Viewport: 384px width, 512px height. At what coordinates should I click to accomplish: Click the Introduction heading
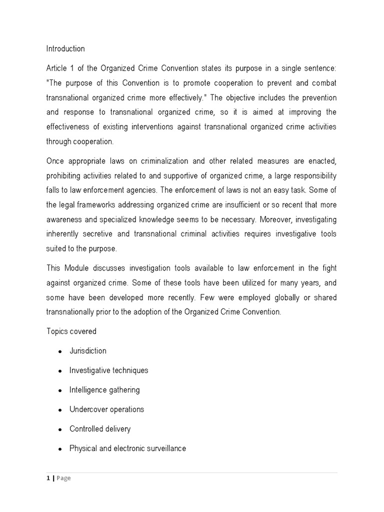pos(65,49)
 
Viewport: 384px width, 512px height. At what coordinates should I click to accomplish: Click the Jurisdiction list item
pos(88,351)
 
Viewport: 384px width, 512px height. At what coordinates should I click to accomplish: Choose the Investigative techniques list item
pos(108,370)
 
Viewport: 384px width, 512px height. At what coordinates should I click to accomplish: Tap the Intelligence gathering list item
pos(104,390)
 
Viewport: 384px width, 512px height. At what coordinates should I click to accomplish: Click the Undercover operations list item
pos(106,409)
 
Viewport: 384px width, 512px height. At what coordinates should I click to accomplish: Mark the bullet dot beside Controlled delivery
pos(60,429)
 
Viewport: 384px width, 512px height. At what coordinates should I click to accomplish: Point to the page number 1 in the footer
pos(48,478)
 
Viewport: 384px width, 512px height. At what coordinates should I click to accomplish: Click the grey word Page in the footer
pos(63,478)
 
